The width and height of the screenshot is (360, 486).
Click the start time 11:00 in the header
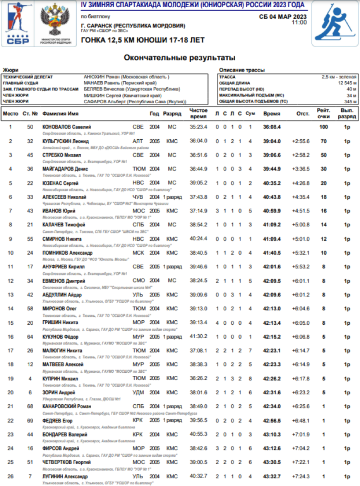click(x=299, y=22)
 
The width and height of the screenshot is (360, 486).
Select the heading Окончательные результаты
click(x=180, y=58)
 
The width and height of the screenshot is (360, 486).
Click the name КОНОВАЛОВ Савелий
click(x=67, y=127)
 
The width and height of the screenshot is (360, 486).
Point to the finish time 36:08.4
click(x=272, y=127)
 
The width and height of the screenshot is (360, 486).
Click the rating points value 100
click(x=324, y=127)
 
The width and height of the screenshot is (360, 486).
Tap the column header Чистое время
click(x=198, y=113)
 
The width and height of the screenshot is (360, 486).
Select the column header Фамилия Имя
click(x=60, y=114)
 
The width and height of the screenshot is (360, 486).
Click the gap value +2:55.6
click(x=300, y=141)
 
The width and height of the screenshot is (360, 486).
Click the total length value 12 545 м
click(x=346, y=83)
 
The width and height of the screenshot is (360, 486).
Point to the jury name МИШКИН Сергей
click(x=122, y=96)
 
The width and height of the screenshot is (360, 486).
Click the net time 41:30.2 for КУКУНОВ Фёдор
click(x=198, y=336)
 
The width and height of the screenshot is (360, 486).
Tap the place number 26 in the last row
click(x=10, y=476)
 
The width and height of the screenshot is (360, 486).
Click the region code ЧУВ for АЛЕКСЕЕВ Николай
click(x=138, y=197)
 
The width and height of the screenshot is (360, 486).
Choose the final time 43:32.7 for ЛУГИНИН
click(x=272, y=476)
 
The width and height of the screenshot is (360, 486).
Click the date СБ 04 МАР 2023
click(x=283, y=16)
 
